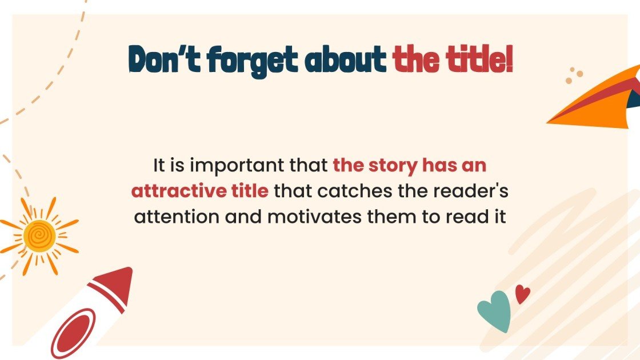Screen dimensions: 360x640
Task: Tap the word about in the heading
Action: [x=346, y=59]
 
